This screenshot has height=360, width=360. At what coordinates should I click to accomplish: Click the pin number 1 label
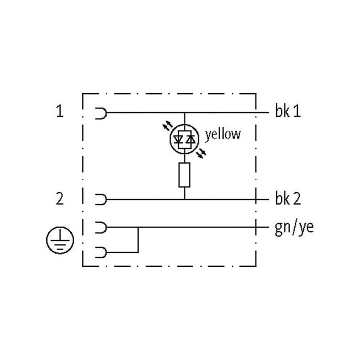60,111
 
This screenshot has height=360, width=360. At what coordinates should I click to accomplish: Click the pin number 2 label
60,199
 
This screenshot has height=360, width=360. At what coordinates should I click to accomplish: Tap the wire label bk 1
288,111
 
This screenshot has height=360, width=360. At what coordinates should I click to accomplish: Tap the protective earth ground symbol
60,240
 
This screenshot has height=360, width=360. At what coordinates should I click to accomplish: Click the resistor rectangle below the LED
184,175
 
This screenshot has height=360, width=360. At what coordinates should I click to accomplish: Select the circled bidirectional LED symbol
184,139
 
